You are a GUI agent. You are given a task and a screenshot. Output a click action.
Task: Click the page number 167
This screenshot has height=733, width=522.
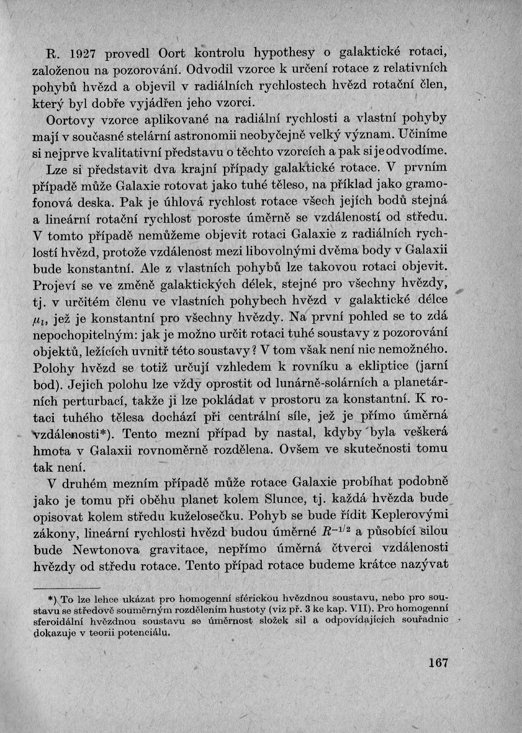(438, 663)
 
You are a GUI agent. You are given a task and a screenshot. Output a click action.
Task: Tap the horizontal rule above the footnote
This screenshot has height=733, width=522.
(66, 588)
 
